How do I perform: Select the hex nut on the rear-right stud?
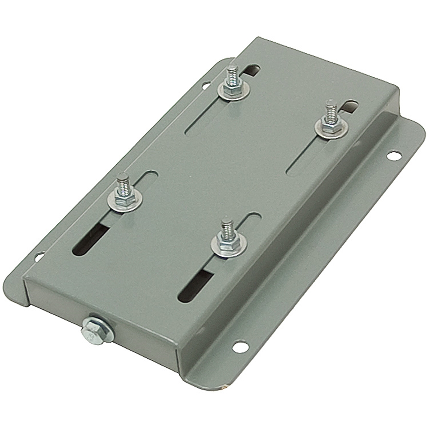329,126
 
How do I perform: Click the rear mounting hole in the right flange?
393,155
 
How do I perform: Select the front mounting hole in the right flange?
240,346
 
